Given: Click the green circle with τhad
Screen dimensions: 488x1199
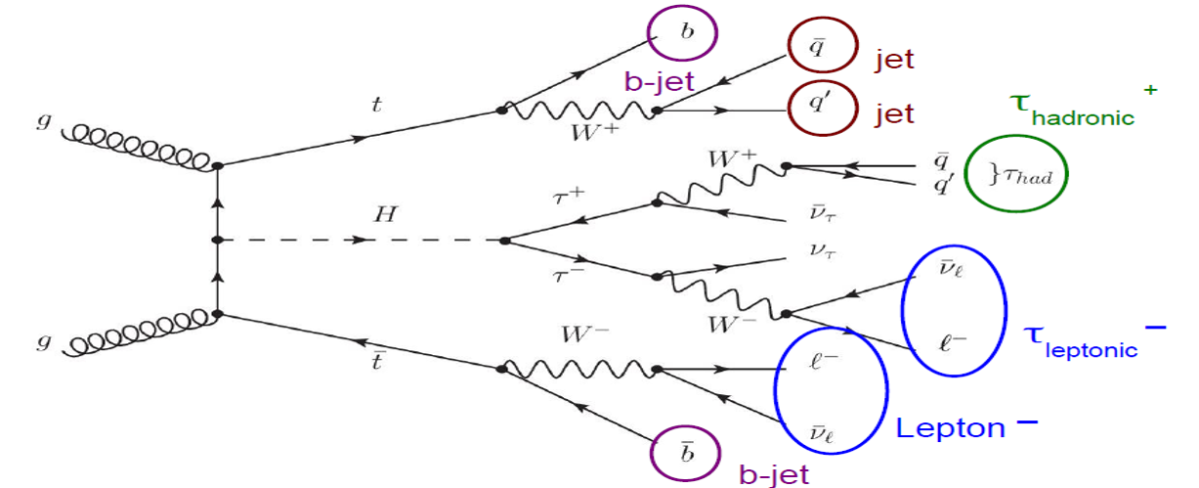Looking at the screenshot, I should (1015, 176).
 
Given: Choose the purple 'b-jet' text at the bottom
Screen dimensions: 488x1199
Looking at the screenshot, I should (775, 475).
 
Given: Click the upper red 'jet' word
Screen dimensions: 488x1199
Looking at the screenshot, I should (894, 60).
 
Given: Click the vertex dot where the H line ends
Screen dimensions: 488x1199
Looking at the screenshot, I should (502, 241).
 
